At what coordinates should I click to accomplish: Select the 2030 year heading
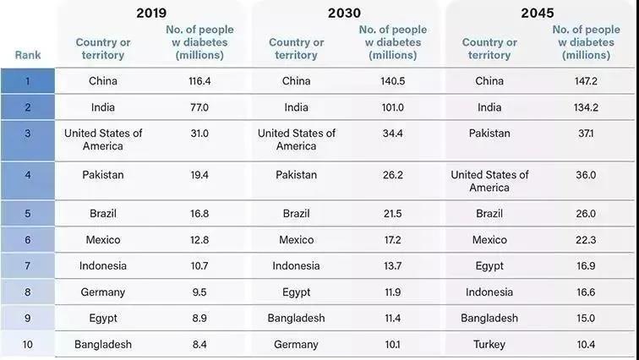click(x=344, y=13)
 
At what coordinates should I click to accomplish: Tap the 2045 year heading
click(x=537, y=13)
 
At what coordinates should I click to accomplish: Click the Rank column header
click(x=27, y=55)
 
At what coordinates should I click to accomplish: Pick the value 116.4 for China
click(x=199, y=81)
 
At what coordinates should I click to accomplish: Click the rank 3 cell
click(x=27, y=134)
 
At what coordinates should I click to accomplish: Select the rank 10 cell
click(x=27, y=344)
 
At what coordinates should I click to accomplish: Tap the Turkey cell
click(x=489, y=344)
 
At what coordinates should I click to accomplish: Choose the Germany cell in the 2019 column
click(x=103, y=292)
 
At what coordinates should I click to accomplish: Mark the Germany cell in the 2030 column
click(x=296, y=344)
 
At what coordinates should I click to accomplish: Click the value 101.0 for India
click(x=392, y=107)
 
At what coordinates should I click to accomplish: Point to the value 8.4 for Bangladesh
click(x=199, y=344)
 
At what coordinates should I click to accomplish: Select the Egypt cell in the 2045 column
click(x=489, y=266)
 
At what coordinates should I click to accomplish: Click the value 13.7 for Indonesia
click(x=392, y=266)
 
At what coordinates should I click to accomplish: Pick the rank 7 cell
click(x=27, y=266)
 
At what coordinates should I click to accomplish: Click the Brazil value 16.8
click(x=199, y=213)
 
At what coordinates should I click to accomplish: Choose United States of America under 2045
click(x=489, y=181)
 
